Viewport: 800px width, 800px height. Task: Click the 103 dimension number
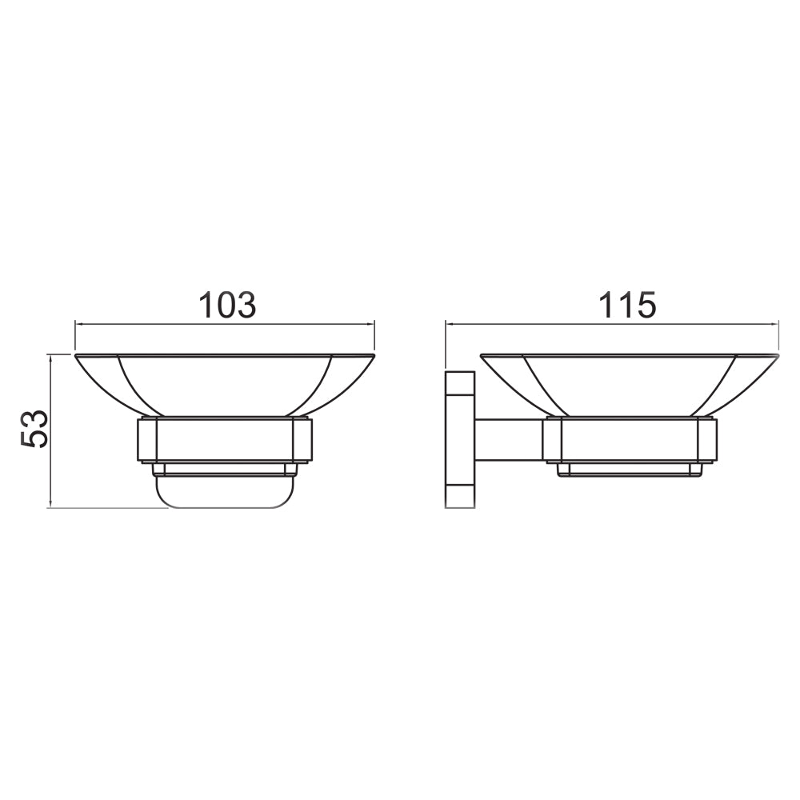coord(227,305)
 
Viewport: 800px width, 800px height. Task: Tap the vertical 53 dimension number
coord(36,430)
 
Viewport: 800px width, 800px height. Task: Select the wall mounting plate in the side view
coord(460,439)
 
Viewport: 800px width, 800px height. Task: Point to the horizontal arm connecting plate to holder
coord(509,440)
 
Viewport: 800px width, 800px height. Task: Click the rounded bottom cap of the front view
coord(225,493)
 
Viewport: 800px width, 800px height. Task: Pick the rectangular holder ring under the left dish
coord(225,439)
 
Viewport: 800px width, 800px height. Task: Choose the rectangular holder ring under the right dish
coord(630,439)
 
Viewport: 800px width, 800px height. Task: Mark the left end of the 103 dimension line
coord(75,324)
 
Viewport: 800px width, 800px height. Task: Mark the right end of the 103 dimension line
coord(374,324)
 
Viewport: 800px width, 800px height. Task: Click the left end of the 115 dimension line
coord(446,324)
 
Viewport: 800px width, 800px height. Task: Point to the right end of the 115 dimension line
coord(778,324)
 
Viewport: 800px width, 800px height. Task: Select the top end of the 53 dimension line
coord(51,354)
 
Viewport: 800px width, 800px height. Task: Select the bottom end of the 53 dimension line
coord(51,507)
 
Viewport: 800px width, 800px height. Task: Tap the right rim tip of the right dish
coord(777,355)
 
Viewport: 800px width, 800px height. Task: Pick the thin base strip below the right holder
coord(630,470)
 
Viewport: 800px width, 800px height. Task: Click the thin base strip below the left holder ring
coord(225,470)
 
